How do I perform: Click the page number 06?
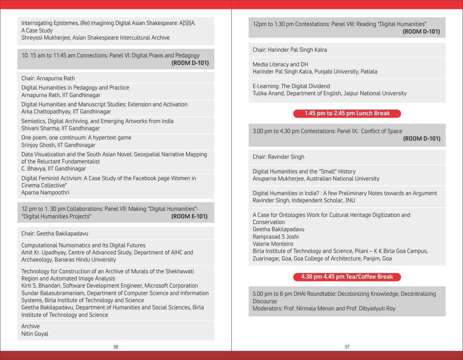[x=116, y=347]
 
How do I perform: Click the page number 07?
[x=347, y=347]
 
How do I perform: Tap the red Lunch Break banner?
[x=347, y=113]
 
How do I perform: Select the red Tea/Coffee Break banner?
[x=347, y=277]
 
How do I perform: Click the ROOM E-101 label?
[x=189, y=216]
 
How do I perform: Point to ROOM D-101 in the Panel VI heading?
[x=190, y=63]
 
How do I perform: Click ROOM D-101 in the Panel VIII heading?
[x=421, y=31]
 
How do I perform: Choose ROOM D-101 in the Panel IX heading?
[x=422, y=138]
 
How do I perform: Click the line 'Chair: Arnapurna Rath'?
[x=48, y=78]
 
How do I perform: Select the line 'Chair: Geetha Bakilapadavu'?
[x=55, y=233]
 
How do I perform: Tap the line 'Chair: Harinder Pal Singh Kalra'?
[x=290, y=50]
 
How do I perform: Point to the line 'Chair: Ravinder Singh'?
[x=278, y=157]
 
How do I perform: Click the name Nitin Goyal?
[x=35, y=334]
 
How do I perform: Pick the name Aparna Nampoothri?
[x=45, y=193]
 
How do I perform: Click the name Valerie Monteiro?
[x=273, y=244]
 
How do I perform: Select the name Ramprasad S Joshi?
[x=276, y=237]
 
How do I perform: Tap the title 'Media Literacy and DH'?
[x=280, y=64]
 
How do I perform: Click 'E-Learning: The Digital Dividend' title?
[x=291, y=86]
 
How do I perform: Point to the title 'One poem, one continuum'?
[x=76, y=138]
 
